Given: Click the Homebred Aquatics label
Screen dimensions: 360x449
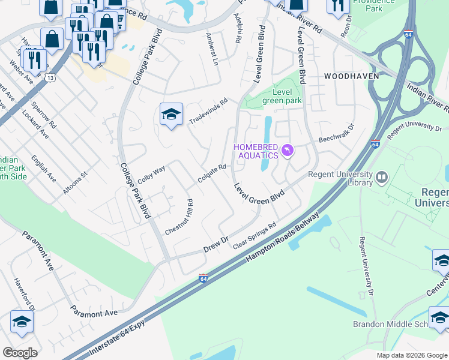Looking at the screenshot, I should click(255, 151).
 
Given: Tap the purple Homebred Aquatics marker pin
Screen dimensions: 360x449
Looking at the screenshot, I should click(288, 150).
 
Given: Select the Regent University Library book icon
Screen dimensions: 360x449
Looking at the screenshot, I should click(381, 178).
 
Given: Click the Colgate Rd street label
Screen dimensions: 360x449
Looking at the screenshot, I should click(212, 175).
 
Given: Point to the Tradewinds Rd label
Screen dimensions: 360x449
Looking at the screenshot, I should click(209, 112).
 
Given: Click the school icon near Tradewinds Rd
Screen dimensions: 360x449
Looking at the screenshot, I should click(171, 115).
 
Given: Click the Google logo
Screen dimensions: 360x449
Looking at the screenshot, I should click(20, 352).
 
